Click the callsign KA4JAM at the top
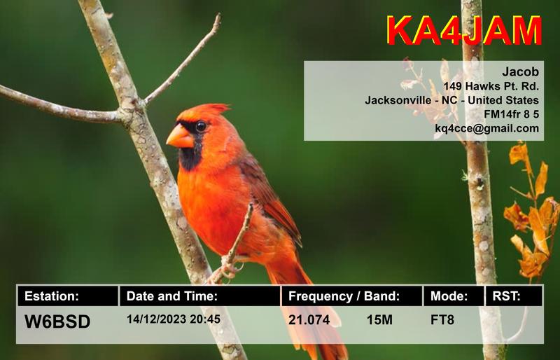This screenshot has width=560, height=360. click(463, 32)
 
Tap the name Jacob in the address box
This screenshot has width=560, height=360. click(521, 71)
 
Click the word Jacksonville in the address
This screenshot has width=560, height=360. click(396, 100)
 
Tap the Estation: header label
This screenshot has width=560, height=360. click(52, 296)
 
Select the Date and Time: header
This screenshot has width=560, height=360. click(172, 296)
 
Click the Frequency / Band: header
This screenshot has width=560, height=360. click(344, 296)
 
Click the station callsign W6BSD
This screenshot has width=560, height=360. click(57, 321)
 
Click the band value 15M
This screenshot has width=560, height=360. click(379, 321)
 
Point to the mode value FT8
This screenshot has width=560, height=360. click(442, 321)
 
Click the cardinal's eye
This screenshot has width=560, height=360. click(201, 126)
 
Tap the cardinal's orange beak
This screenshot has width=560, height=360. click(179, 136)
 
